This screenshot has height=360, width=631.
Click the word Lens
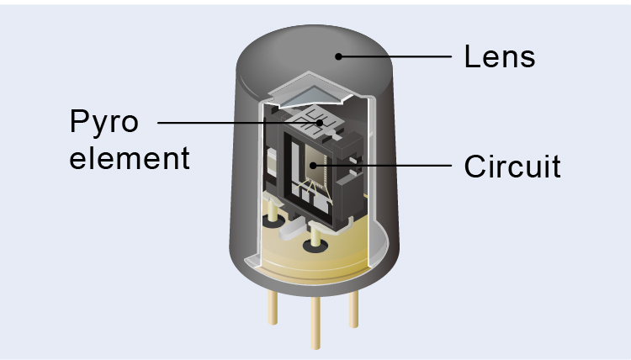[x=499, y=57]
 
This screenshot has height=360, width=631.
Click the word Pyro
[x=103, y=123]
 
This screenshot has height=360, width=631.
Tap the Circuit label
[x=512, y=166]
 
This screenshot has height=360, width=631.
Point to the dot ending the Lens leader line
[x=338, y=57]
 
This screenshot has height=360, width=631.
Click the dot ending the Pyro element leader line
[x=320, y=123]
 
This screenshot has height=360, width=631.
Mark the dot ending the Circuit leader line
[x=319, y=166]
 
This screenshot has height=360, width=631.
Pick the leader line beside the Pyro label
[x=236, y=123]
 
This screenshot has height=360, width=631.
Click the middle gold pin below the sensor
[x=315, y=323]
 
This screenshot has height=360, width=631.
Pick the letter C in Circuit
[x=475, y=166]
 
